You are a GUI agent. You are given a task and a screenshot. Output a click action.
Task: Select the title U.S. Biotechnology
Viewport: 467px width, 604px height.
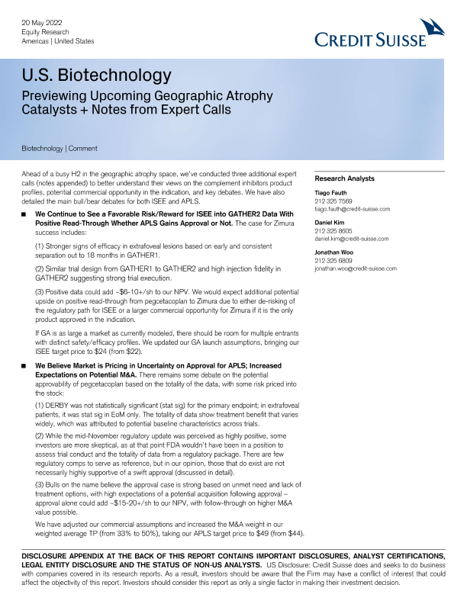96,75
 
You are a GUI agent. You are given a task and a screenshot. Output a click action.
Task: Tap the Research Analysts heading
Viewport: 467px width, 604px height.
344,178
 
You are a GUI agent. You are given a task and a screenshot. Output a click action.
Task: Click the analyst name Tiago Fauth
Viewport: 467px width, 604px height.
331,194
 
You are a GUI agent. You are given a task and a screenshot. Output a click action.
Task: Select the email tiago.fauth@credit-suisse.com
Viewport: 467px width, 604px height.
353,208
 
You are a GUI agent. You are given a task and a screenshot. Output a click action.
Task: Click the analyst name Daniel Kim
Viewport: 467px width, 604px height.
330,223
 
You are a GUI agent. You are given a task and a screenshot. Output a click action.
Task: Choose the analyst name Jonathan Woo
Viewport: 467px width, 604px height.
335,253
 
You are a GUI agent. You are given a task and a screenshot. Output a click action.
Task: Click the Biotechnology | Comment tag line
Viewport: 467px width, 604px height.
60,148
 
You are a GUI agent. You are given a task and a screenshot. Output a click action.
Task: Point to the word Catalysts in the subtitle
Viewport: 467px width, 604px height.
49,110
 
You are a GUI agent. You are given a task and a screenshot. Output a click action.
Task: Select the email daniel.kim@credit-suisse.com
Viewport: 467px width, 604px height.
352,239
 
